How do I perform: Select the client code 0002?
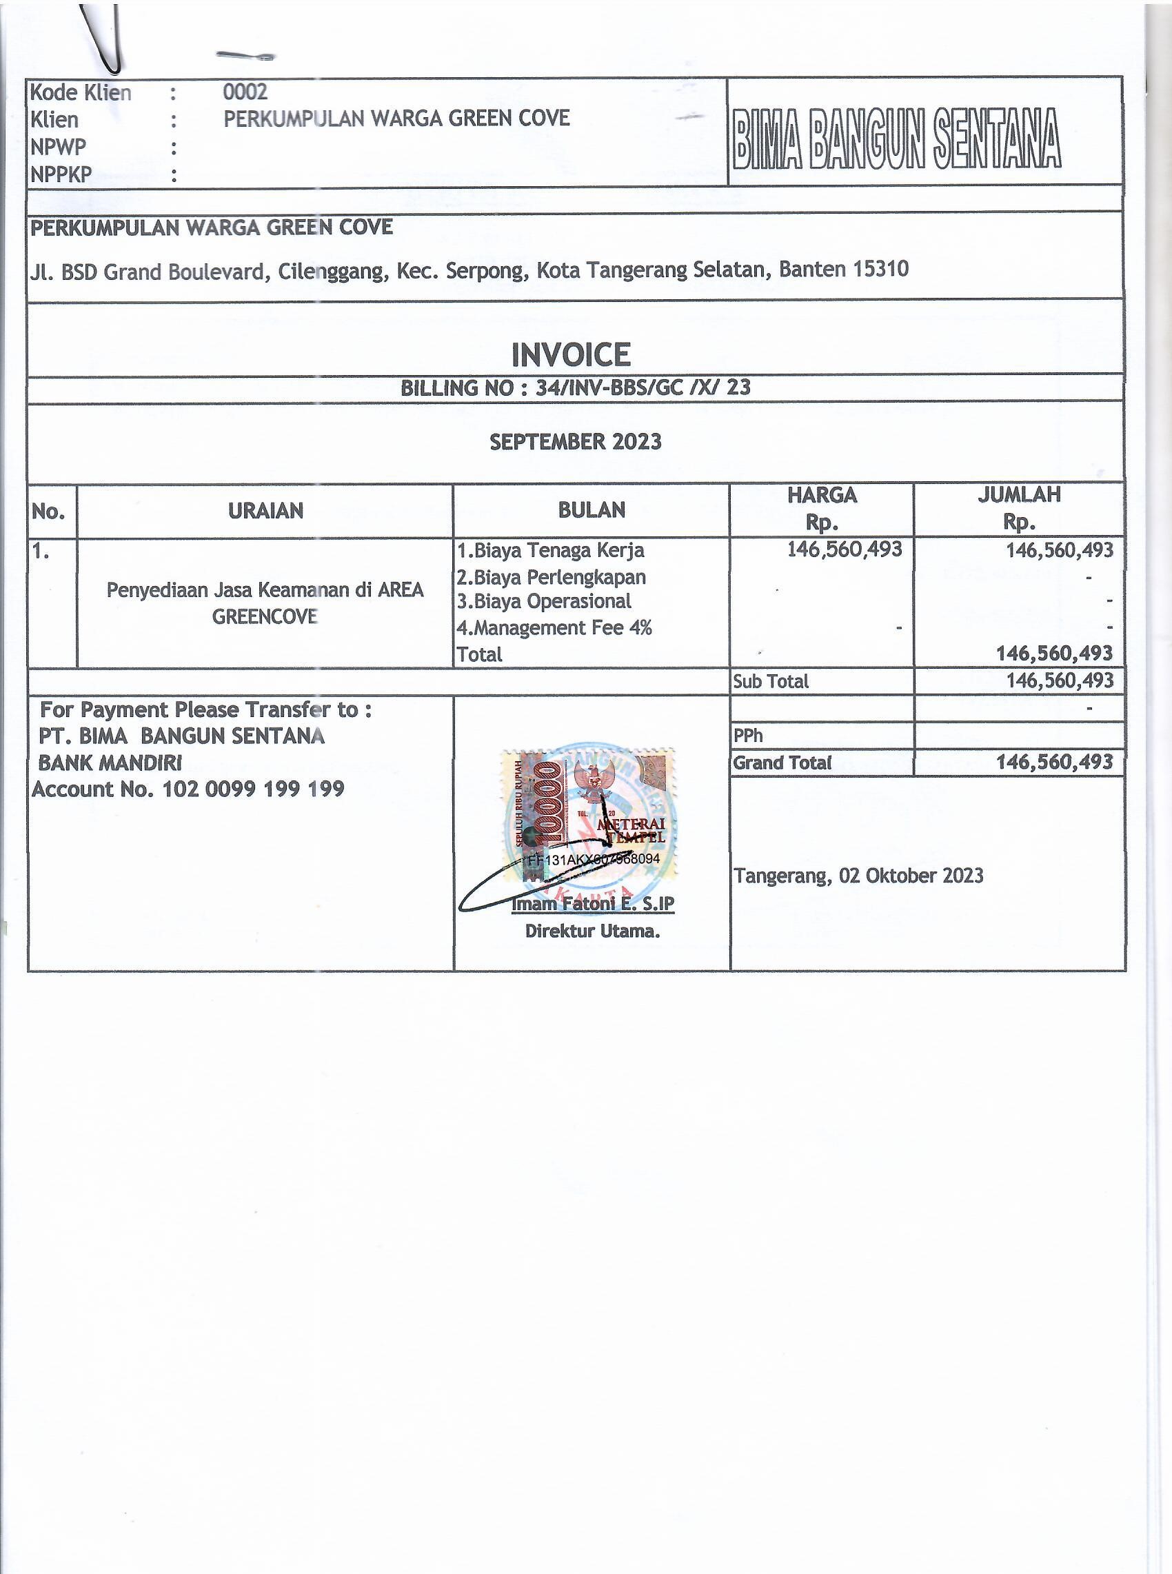[x=245, y=92]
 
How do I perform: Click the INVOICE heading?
[x=571, y=354]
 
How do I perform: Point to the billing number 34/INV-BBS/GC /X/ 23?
[x=643, y=387]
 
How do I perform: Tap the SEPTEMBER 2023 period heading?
[x=576, y=442]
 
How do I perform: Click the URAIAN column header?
[x=265, y=511]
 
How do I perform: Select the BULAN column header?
[x=592, y=510]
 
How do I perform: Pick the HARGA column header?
[x=822, y=495]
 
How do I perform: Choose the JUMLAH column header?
[x=1019, y=494]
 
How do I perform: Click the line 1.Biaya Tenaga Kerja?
[x=550, y=550]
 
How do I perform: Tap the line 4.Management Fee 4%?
[x=554, y=628]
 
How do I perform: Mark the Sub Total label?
[x=771, y=682]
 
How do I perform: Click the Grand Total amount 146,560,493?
[x=1054, y=763]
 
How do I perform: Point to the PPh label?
[x=748, y=736]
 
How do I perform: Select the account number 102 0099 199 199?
[x=253, y=789]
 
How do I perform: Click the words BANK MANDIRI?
[x=110, y=763]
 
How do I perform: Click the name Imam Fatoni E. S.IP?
[x=592, y=905]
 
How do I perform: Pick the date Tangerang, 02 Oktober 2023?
[x=858, y=876]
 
